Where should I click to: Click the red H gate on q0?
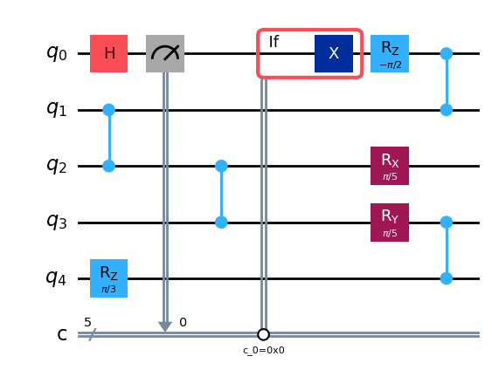[x=109, y=53]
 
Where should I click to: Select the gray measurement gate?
[x=165, y=53]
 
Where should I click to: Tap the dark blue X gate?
[x=334, y=53]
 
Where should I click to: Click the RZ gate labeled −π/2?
[x=390, y=53]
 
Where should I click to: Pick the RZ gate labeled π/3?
[x=109, y=278]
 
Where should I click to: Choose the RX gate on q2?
[x=390, y=166]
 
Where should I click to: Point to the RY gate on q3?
[x=390, y=223]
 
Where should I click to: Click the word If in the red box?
[x=274, y=41]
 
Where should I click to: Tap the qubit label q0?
[x=57, y=52]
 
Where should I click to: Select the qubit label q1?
[x=57, y=109]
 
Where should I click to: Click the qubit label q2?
[x=57, y=165]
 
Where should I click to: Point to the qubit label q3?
[x=57, y=222]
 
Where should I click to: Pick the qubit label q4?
[x=57, y=278]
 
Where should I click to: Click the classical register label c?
[x=62, y=335]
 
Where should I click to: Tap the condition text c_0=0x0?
[x=264, y=350]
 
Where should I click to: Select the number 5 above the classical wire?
[x=87, y=322]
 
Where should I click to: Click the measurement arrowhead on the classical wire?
[x=165, y=327]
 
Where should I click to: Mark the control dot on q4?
[x=447, y=278]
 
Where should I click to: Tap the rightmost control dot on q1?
[x=447, y=110]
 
